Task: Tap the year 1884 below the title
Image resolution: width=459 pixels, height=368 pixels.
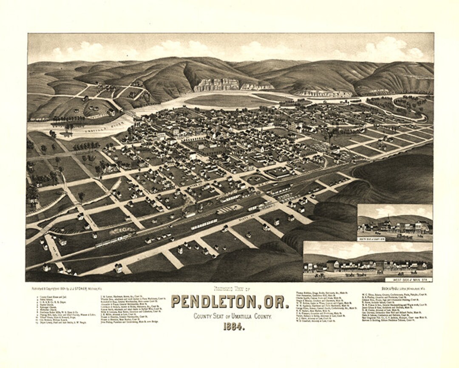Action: pos(232,327)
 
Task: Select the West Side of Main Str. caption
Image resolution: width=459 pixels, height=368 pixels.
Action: pos(407,279)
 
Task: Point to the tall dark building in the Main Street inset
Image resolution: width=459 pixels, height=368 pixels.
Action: pos(333,265)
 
